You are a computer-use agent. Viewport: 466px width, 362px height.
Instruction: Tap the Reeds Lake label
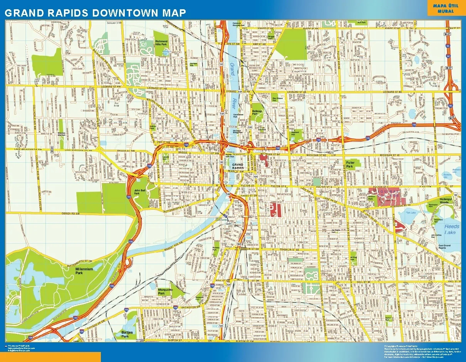click(451, 229)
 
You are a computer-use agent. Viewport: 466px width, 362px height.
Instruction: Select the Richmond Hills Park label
click(161, 43)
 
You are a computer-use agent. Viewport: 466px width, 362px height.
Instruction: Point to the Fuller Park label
click(350, 165)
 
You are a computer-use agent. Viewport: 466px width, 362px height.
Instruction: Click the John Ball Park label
click(139, 192)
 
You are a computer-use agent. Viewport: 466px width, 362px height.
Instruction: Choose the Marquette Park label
click(165, 291)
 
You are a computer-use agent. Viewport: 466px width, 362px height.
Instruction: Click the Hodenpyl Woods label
click(444, 200)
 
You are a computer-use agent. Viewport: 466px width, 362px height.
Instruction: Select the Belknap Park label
click(257, 112)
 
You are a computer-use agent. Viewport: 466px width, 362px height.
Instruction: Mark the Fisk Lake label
click(411, 212)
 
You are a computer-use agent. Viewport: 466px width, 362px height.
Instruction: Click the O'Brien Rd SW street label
click(70, 213)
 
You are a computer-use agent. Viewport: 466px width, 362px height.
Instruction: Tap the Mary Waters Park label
click(278, 99)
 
